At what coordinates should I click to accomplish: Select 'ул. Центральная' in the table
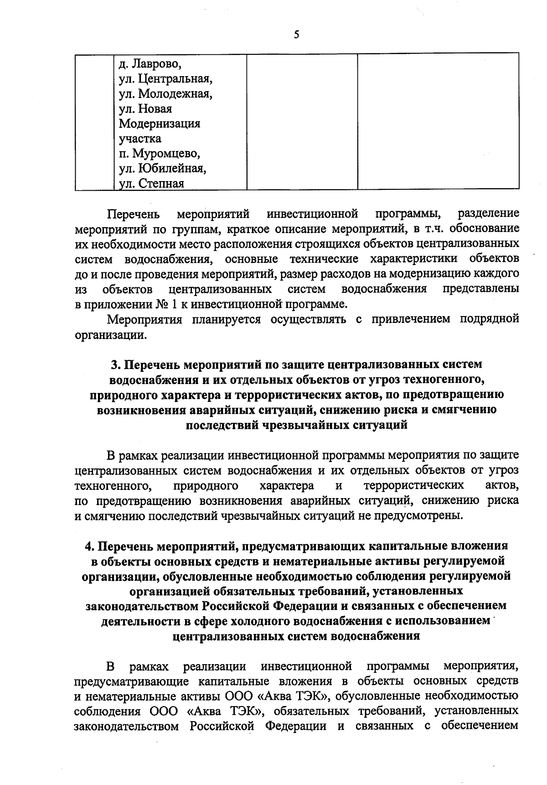pos(165,79)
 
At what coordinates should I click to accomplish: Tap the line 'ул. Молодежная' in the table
pos(165,94)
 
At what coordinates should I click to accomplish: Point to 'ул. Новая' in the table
pos(145,109)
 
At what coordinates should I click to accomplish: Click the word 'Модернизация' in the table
pos(160,124)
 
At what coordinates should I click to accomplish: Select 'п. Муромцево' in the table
pos(160,154)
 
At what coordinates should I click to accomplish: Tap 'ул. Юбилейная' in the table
pos(162,169)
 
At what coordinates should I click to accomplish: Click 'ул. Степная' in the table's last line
pos(151,184)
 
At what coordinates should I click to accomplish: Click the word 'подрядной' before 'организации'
pos(490,319)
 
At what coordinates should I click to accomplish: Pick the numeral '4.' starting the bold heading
pos(90,546)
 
